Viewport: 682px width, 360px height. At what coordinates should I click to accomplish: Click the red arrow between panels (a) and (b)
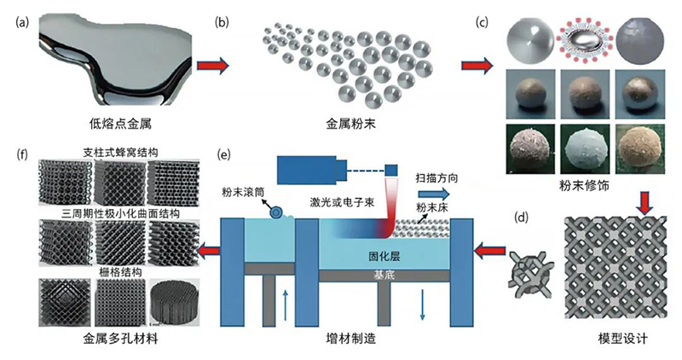pyautogui.click(x=211, y=65)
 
